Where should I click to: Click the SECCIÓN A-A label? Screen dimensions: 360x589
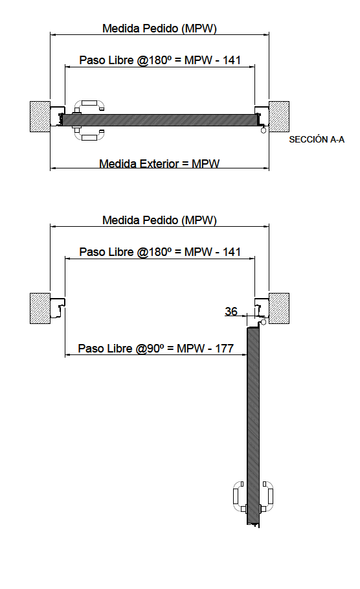(x=317, y=139)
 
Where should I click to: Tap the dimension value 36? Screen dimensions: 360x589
(x=231, y=311)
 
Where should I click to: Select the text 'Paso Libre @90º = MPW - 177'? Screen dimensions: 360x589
(x=156, y=348)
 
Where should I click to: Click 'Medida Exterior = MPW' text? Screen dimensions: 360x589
(x=159, y=163)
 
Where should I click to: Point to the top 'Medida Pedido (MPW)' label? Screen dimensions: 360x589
(x=159, y=29)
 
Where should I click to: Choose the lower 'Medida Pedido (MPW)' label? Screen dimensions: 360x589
(x=159, y=220)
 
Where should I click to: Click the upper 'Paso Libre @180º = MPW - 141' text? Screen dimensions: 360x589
(x=160, y=60)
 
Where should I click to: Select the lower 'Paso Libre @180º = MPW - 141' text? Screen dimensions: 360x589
(x=160, y=251)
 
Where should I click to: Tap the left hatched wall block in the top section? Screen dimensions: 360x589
(x=40, y=117)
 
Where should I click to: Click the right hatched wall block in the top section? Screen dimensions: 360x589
(x=279, y=117)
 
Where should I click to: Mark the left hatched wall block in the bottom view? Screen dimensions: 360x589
(x=40, y=308)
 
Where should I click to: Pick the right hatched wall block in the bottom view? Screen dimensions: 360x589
(x=279, y=308)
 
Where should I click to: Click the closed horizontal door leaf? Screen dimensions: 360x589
(x=159, y=121)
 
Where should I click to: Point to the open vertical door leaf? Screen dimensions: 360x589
(x=253, y=426)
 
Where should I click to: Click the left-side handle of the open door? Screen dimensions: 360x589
(x=239, y=496)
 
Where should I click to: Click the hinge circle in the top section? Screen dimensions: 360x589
(x=264, y=130)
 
